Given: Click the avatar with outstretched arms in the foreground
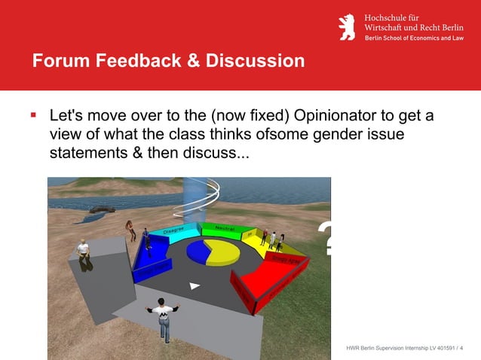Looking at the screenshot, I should (x=163, y=316).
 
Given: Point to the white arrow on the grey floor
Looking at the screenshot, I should (x=195, y=285).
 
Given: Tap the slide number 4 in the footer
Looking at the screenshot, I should (x=461, y=348).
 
